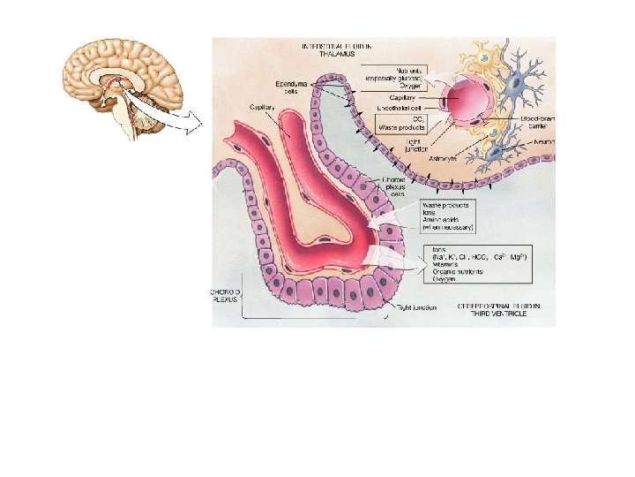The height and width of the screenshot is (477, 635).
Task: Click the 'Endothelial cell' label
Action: [x=401, y=107]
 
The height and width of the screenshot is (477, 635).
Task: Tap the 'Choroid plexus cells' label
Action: [x=394, y=189]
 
